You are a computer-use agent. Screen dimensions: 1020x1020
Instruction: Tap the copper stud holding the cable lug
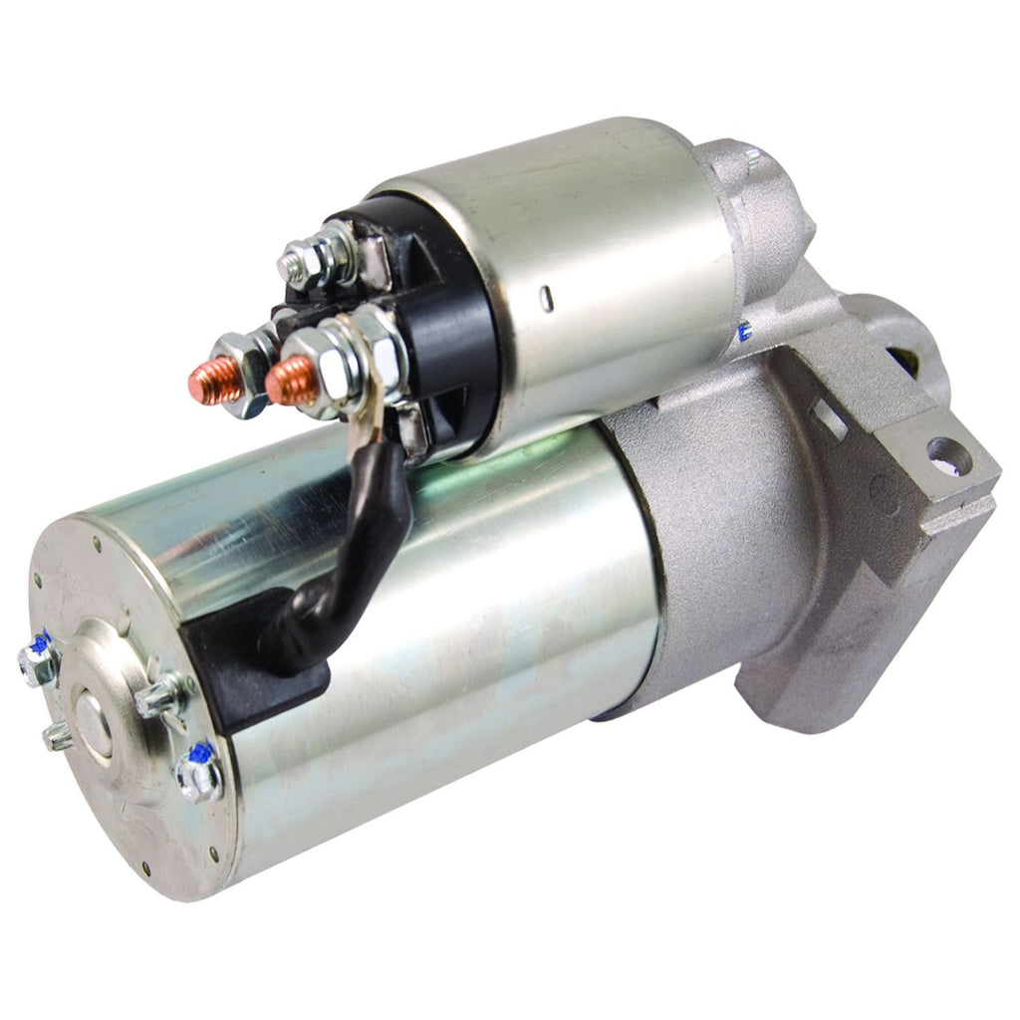click(290, 380)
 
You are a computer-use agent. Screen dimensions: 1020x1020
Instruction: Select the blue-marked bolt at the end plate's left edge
click(40, 663)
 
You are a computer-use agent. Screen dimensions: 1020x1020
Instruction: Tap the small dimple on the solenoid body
click(547, 296)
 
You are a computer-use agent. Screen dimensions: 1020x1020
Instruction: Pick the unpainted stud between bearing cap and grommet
click(160, 695)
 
